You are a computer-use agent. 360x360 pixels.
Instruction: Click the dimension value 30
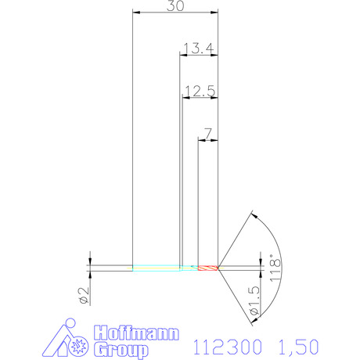pyautogui.click(x=175, y=5)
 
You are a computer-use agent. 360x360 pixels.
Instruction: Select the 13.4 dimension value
pyautogui.click(x=199, y=49)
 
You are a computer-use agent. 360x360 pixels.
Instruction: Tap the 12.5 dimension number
pyautogui.click(x=200, y=91)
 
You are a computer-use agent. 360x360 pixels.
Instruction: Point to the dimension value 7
pyautogui.click(x=207, y=134)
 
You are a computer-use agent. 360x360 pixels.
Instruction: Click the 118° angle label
pyautogui.click(x=275, y=268)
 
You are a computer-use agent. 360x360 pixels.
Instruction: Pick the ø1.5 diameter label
pyautogui.click(x=254, y=301)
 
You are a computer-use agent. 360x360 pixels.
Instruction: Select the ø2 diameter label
pyautogui.click(x=84, y=296)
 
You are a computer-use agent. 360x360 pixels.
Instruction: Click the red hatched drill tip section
pyautogui.click(x=208, y=268)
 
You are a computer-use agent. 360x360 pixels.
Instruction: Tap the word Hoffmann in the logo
pyautogui.click(x=136, y=333)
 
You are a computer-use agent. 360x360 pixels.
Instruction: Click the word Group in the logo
pyautogui.click(x=121, y=350)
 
